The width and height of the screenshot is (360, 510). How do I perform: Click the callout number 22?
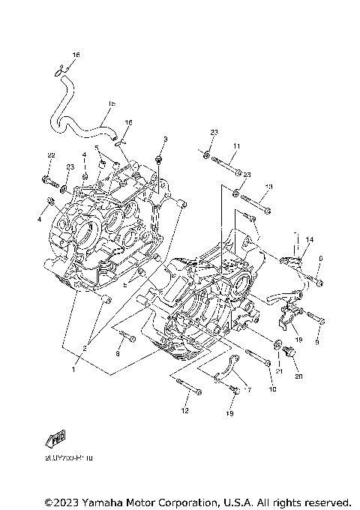pyautogui.click(x=51, y=155)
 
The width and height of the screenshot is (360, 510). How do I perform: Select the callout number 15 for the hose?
pyautogui.click(x=111, y=104)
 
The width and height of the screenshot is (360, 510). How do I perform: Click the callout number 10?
pyautogui.click(x=272, y=389)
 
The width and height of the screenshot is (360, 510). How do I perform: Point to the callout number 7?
pyautogui.click(x=249, y=391)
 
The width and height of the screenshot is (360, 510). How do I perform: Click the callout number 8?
pyautogui.click(x=118, y=352)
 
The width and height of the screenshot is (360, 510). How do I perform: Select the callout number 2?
pyautogui.click(x=85, y=348)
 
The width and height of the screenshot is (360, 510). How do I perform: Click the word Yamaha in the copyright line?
pyautogui.click(x=103, y=501)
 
